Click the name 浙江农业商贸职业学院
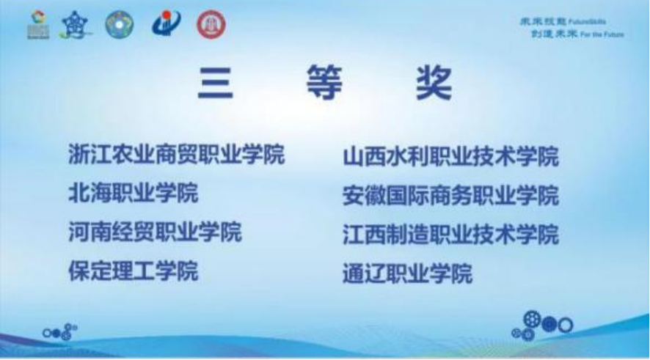click(176, 155)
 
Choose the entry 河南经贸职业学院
click(155, 232)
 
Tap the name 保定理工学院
click(133, 271)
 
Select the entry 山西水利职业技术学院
click(450, 156)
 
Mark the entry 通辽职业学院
click(407, 273)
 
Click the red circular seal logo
click(211, 25)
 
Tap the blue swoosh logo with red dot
click(166, 25)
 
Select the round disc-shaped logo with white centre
click(120, 25)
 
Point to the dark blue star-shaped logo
click(76, 25)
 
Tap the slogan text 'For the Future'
click(602, 34)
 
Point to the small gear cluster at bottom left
click(59, 332)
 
